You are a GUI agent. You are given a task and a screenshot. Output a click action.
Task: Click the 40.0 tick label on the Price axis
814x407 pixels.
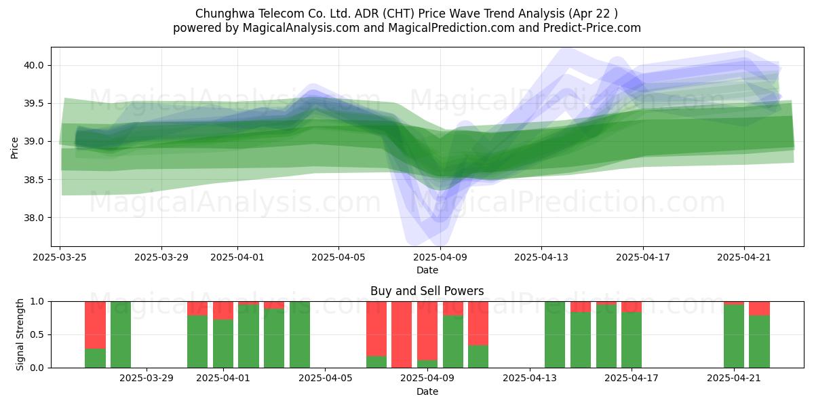coord(33,65)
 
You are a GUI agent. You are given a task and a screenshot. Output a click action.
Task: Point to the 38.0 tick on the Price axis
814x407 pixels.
coord(33,218)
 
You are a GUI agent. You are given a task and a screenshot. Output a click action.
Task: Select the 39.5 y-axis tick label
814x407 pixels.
coord(33,104)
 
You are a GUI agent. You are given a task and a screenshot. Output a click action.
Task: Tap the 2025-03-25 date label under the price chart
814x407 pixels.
coord(60,257)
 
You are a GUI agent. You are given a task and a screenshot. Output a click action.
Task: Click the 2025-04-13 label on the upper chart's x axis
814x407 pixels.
coord(541,257)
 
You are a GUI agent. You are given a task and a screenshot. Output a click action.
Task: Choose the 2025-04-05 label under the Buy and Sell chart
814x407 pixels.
coord(325,379)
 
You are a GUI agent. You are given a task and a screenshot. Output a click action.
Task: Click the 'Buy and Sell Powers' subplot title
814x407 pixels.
coord(427,291)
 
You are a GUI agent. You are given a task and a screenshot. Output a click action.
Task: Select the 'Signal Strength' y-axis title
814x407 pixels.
coord(20,334)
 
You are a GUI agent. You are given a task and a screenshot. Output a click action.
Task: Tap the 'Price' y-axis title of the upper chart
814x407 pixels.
coord(14,148)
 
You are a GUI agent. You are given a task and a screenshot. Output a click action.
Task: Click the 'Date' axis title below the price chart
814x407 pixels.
coord(427,271)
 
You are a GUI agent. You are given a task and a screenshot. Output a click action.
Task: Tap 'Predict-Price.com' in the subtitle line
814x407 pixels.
coord(592,28)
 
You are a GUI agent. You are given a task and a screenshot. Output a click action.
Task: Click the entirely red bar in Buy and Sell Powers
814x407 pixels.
coord(402,334)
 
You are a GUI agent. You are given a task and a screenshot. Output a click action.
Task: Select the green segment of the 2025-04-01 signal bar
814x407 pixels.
coord(223,344)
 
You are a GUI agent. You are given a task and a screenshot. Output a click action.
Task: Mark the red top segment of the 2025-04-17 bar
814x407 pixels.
coord(632,307)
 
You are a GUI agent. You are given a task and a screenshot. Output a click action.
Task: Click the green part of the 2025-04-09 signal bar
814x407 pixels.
coord(427,364)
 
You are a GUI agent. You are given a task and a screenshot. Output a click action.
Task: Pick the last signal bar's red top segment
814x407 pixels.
coord(760,309)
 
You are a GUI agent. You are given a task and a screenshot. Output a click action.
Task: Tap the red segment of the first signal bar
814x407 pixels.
coord(95,325)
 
